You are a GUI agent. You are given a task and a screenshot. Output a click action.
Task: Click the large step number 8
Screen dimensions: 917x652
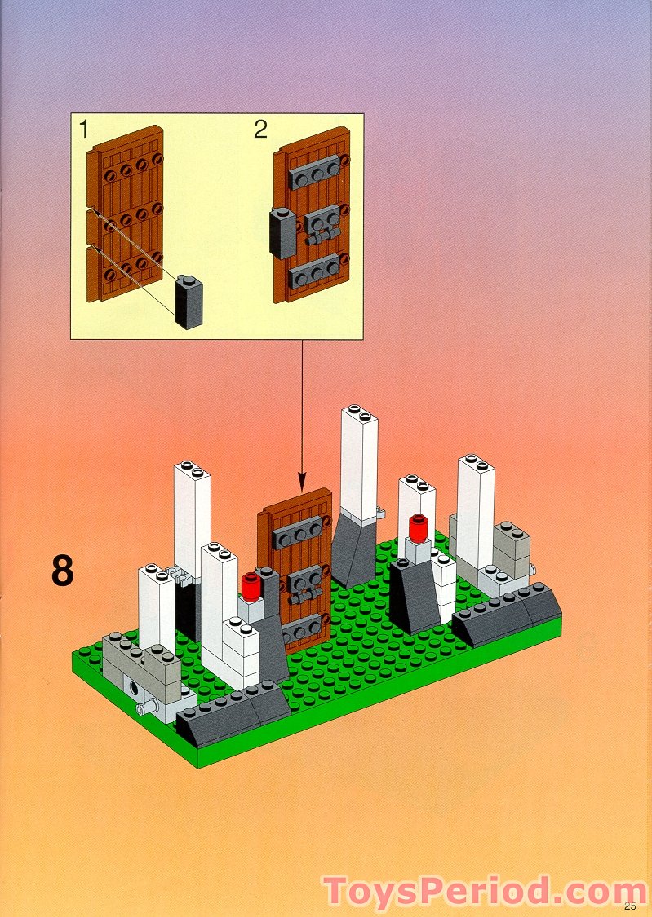(x=63, y=571)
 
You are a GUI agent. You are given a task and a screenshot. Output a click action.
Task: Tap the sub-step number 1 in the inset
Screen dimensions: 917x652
(x=84, y=129)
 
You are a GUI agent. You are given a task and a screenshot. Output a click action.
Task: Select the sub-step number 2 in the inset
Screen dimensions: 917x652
(x=260, y=129)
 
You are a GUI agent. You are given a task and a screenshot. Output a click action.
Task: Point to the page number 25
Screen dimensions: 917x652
(x=629, y=906)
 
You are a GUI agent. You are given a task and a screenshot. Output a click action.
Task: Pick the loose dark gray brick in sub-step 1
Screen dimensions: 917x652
(x=189, y=303)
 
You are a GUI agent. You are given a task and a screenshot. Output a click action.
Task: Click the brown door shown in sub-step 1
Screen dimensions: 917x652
(x=126, y=214)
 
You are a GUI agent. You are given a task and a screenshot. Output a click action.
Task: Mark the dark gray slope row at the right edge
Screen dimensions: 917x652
(x=507, y=615)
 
